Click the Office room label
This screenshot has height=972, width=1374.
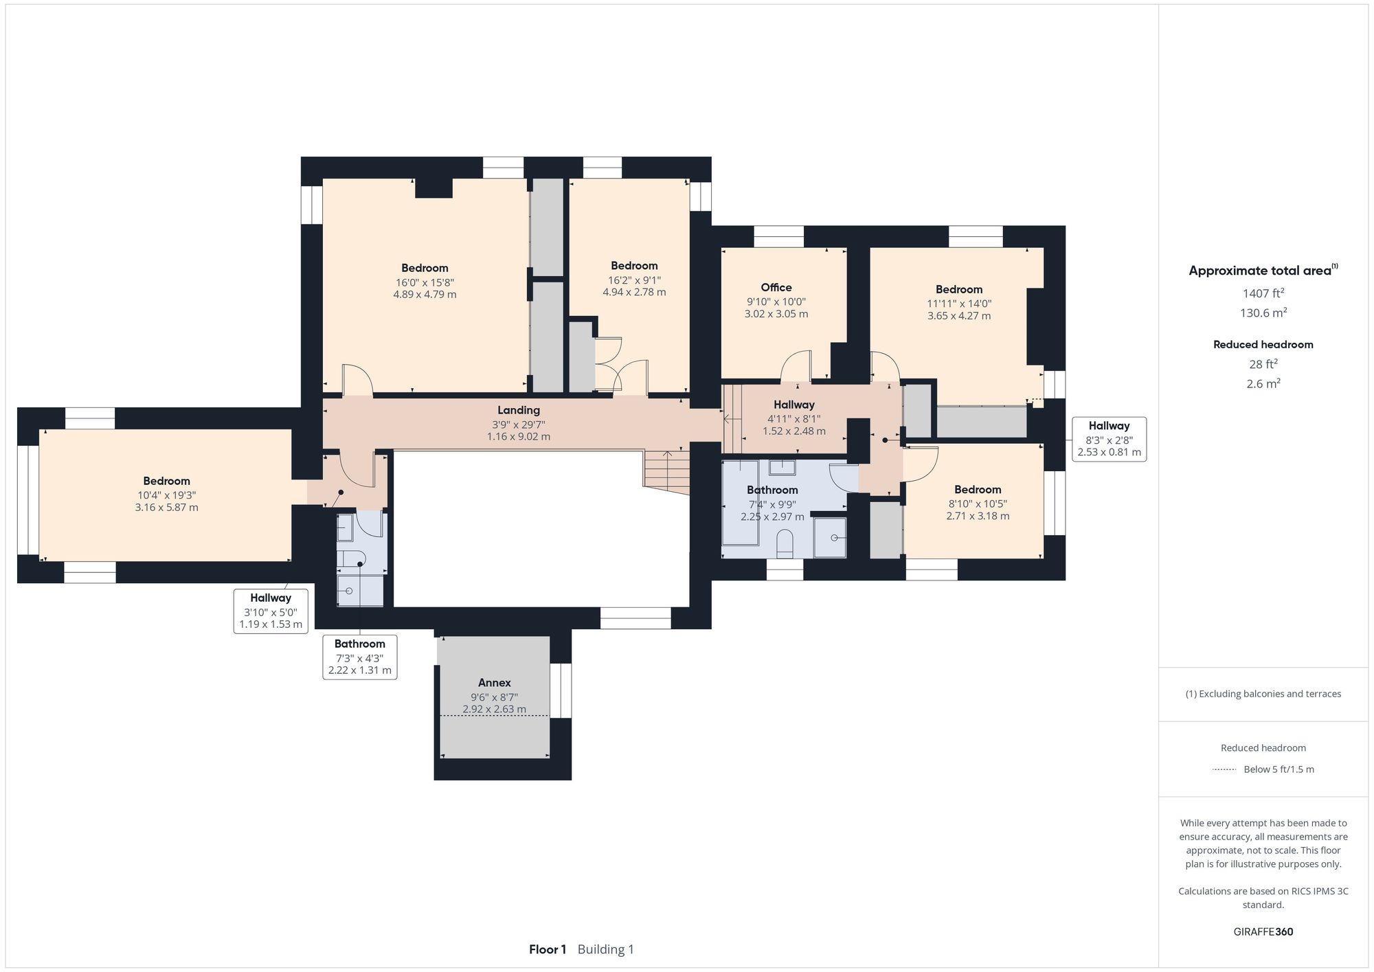776,287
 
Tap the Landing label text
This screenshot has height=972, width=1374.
518,410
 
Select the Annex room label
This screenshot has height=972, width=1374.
494,682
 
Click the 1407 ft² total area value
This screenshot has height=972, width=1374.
1263,293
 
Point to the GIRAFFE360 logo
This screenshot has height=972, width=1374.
1263,931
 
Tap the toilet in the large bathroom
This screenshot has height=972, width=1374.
784,543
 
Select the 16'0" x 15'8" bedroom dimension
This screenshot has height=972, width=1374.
425,282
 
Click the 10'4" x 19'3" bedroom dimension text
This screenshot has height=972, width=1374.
166,495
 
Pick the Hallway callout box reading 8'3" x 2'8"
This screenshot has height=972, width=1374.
1108,439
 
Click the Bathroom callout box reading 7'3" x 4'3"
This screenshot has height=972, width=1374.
359,657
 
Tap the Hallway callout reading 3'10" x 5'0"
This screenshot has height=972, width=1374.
270,611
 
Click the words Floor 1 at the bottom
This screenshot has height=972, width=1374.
547,949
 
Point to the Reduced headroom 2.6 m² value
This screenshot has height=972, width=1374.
1263,383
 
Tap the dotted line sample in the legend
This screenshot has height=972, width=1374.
1224,769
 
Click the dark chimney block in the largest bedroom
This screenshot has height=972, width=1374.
433,188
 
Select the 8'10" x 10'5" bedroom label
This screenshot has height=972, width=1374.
977,489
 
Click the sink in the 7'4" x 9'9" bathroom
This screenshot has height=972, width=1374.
782,468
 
